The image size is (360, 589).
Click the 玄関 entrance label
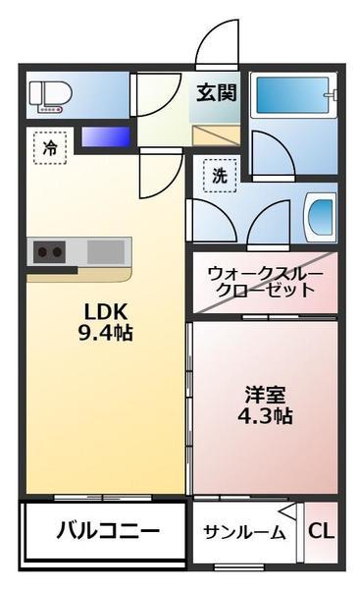point(215,94)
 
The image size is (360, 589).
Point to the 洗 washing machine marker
point(219,177)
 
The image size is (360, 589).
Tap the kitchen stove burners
point(50,251)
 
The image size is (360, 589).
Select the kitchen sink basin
point(105,251)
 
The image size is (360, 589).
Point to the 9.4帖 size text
point(106,333)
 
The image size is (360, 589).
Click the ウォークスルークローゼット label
point(261,282)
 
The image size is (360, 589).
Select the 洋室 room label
point(265,395)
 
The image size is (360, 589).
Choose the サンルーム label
point(244,533)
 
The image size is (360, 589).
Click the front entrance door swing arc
point(215,44)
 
